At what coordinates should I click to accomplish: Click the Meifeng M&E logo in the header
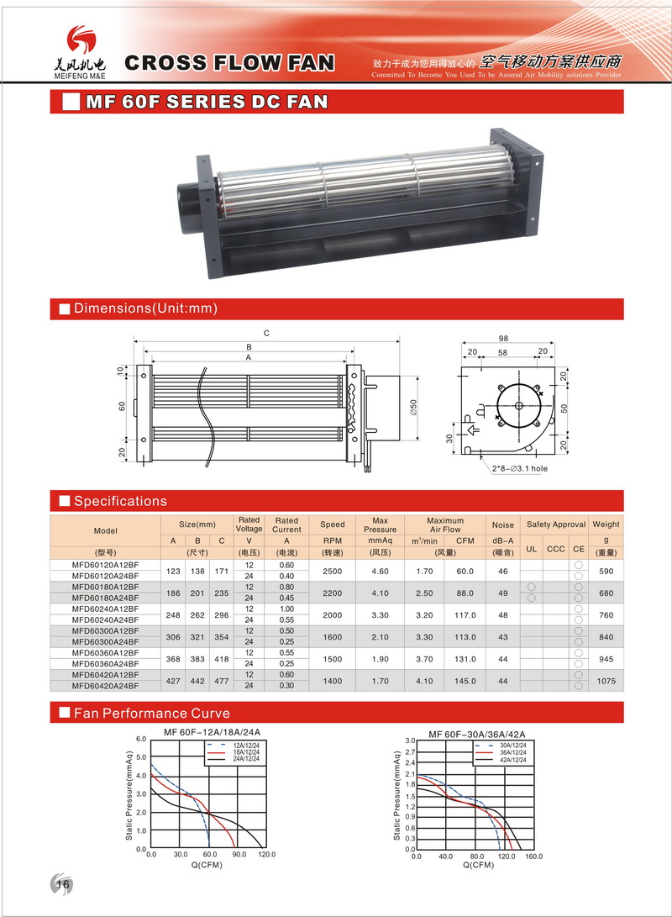coord(80,52)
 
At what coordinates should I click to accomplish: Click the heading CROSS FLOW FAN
coord(229,62)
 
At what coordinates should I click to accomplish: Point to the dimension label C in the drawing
coord(266,334)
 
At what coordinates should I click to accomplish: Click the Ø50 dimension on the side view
coord(414,407)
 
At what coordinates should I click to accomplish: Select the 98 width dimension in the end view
coord(504,338)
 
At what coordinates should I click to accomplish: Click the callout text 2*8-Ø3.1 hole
coord(519,468)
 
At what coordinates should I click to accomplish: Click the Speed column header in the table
coord(333,524)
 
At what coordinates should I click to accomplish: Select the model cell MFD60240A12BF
coord(105,609)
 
